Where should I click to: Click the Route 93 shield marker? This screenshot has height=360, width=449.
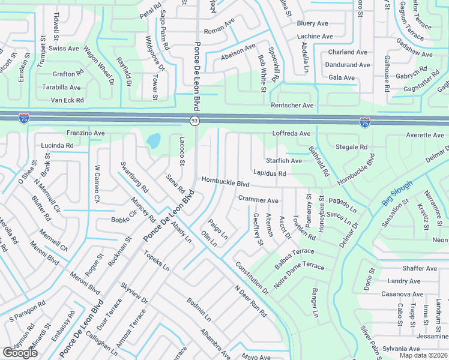194,121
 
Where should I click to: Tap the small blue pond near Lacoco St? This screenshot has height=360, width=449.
153,141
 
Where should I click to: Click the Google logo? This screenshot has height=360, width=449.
20,352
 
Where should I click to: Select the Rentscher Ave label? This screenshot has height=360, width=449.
292,106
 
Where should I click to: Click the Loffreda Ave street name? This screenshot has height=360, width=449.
291,133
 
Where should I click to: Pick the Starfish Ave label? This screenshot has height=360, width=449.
284,161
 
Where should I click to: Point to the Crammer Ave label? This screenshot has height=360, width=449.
258,200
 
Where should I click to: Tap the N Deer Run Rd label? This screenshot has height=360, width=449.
250,300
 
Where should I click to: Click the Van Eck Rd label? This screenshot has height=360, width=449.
66,100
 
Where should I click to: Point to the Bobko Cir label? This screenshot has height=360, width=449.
124,220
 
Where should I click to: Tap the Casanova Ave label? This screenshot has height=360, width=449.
402,294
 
